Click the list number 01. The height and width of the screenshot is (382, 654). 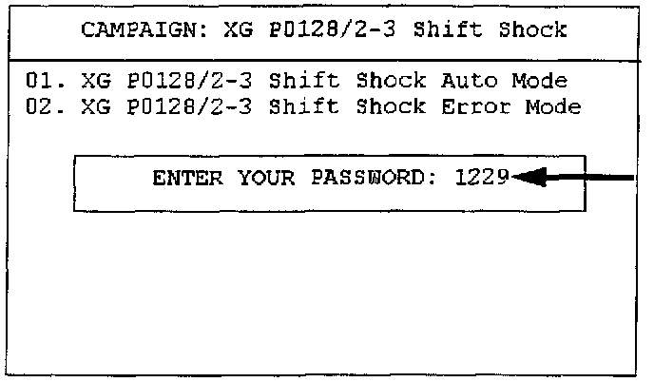(x=44, y=82)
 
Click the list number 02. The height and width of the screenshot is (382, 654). (x=44, y=106)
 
